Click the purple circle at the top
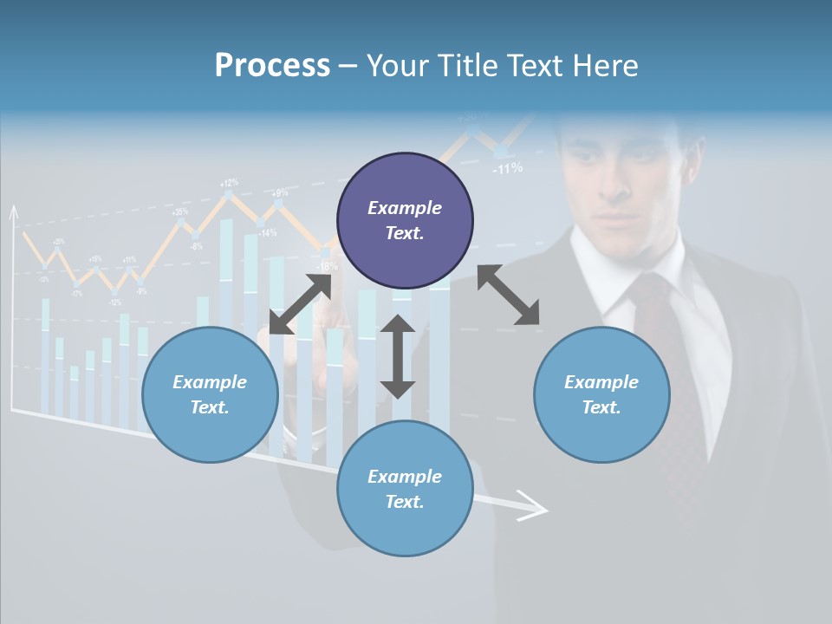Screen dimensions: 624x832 click(405, 221)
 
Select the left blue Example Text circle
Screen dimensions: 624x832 click(210, 394)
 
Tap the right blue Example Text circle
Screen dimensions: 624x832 click(601, 394)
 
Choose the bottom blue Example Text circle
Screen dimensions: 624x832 click(405, 489)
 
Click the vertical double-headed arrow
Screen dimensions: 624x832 click(398, 356)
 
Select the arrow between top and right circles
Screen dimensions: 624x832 click(508, 295)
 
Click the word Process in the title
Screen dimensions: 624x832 click(272, 65)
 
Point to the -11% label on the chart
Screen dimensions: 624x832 click(507, 168)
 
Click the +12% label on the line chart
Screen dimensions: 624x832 click(229, 183)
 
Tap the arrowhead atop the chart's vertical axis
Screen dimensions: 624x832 click(13, 211)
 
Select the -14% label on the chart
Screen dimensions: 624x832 click(267, 232)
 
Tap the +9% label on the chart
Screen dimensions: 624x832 click(280, 192)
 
